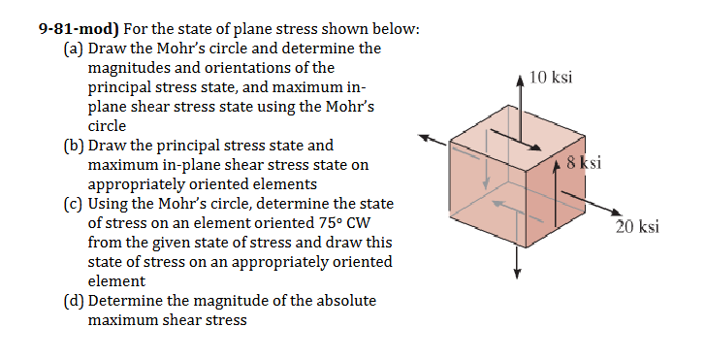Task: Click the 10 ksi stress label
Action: (x=552, y=77)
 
